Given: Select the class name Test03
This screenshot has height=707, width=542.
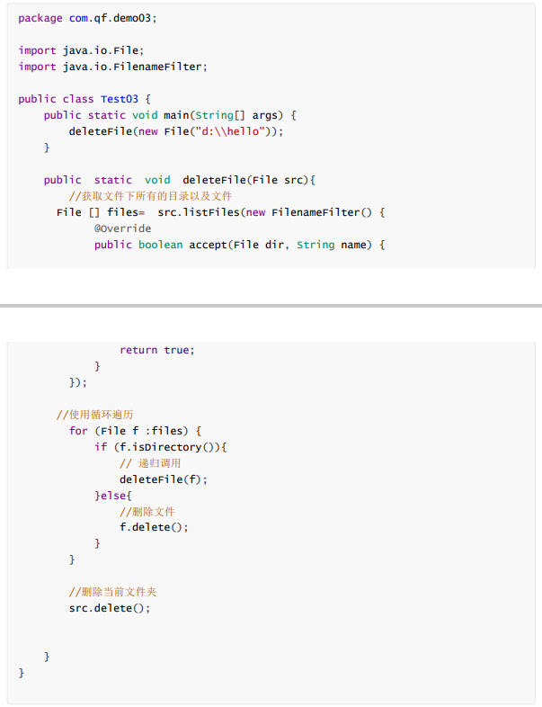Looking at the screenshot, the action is coord(119,99).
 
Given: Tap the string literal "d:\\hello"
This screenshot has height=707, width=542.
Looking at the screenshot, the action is coord(231,131).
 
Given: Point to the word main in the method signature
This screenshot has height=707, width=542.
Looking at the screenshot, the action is coord(175,115).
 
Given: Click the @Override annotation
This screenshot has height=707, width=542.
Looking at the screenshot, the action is coord(122,228).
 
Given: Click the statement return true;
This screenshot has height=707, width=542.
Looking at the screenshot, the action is coord(156,350).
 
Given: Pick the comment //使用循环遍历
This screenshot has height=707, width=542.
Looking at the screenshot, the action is coord(94,415).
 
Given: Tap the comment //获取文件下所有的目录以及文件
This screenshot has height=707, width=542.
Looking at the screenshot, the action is coord(150,196).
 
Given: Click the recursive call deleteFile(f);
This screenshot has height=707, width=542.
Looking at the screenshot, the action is coord(164,479).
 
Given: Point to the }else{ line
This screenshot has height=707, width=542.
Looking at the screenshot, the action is coord(113,496).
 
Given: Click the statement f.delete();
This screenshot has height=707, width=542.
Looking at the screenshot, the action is coord(154,527).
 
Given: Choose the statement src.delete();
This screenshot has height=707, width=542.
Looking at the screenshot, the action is coord(110,608).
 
